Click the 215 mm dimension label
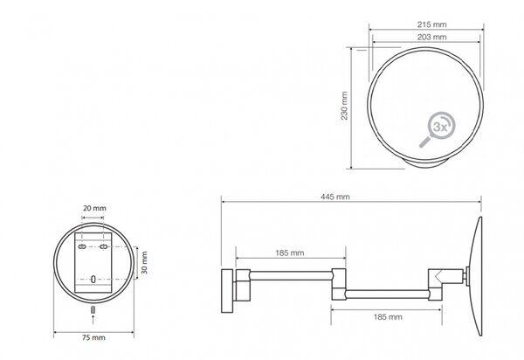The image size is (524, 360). pos(431,24)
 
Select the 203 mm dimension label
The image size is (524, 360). pos(431,37)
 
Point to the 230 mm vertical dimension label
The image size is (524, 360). pos(344,106)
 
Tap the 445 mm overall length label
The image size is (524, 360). pos(335,197)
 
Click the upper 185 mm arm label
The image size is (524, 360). pos(290,253)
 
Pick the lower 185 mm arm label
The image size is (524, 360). pos(388,317)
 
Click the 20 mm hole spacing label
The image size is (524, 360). pos(94,208)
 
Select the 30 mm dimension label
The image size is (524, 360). pos(144,263)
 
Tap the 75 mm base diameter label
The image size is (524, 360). pos(93,337)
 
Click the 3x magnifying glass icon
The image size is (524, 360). pos(438,129)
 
